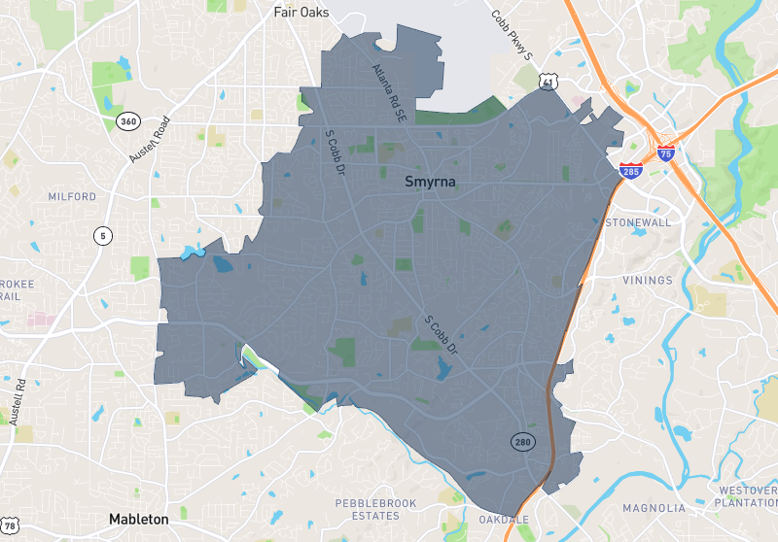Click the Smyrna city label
(431, 182)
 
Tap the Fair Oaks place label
(301, 13)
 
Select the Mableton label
(138, 519)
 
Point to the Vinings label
(647, 280)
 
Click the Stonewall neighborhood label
(638, 222)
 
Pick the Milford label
(72, 196)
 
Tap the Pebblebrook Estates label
(374, 509)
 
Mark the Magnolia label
(654, 507)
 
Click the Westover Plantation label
(746, 496)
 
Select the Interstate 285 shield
(630, 171)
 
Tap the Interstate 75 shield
(665, 152)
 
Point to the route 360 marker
(128, 121)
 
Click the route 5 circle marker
(102, 235)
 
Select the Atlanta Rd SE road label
(389, 93)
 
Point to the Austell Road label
(149, 140)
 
